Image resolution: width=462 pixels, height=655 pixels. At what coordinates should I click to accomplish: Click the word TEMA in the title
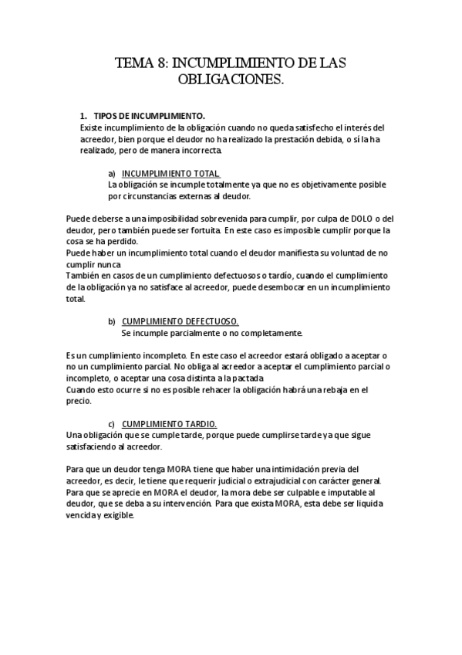click(135, 63)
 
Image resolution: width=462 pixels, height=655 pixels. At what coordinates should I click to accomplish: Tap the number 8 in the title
click(164, 63)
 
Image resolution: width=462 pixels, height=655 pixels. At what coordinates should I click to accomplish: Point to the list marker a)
click(112, 173)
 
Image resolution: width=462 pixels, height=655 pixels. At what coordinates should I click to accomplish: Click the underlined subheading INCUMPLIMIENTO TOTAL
click(170, 173)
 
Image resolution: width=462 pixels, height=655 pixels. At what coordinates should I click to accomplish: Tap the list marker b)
click(112, 321)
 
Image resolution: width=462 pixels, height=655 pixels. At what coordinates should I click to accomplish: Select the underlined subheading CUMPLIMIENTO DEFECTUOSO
click(180, 321)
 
